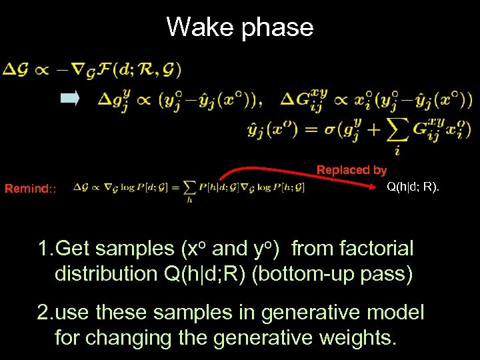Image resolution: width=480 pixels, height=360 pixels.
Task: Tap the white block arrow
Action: [70, 99]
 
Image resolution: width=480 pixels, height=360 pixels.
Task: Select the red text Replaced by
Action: [351, 170]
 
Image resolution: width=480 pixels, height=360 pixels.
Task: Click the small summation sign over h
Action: [189, 187]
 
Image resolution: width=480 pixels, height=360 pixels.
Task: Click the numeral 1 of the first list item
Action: [43, 249]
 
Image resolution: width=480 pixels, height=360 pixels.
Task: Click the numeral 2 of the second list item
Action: [43, 313]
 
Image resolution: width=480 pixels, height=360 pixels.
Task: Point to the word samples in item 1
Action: [134, 250]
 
